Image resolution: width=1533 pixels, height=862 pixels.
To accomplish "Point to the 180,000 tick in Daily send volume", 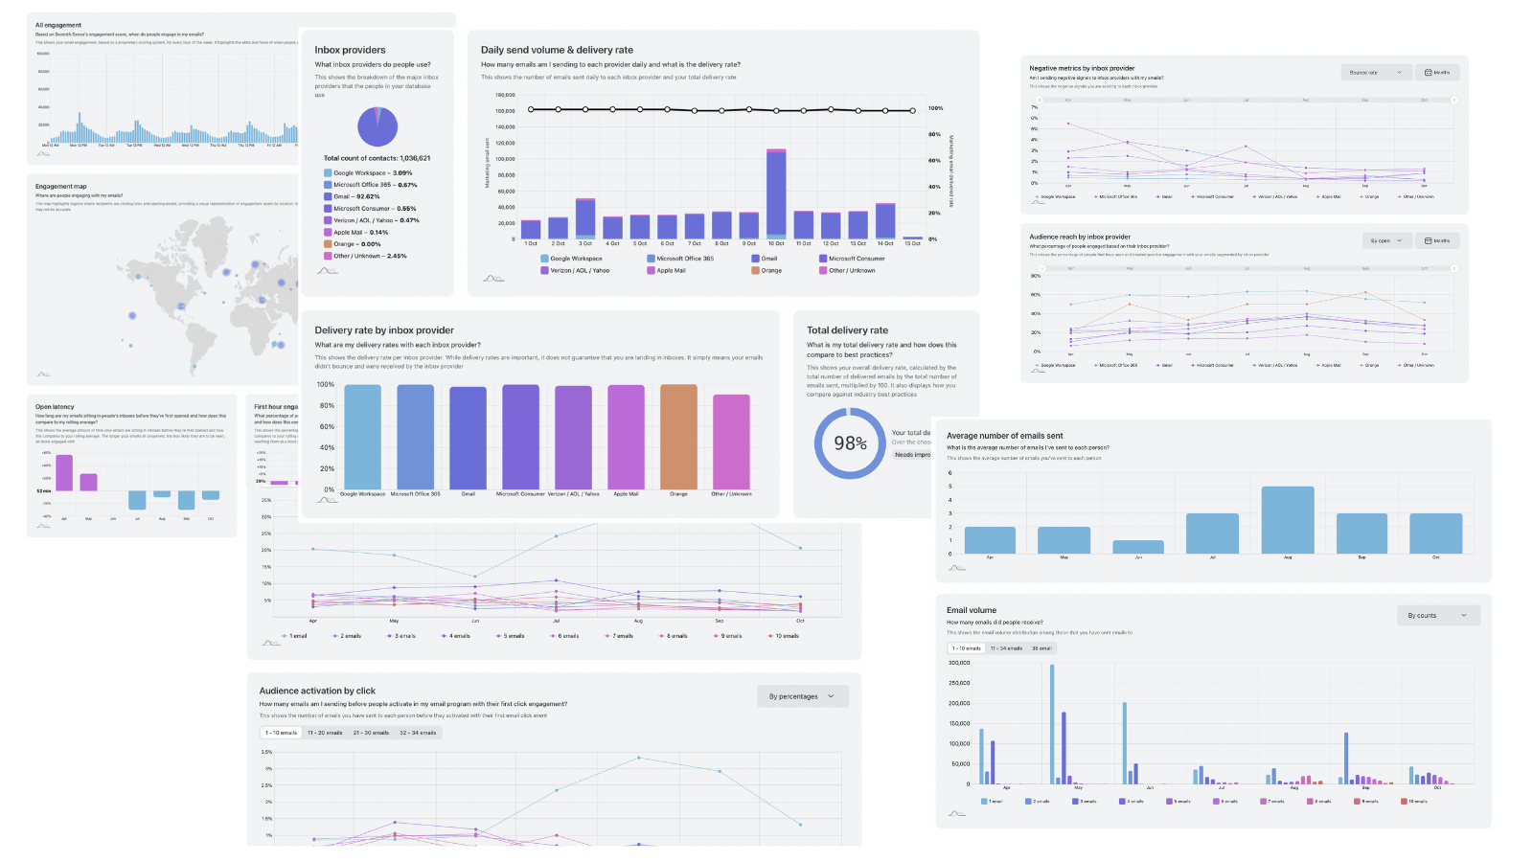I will pos(505,95).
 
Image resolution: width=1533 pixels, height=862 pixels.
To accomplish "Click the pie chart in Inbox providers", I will pos(378,126).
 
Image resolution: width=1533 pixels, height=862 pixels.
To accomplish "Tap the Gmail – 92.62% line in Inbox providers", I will pos(355,196).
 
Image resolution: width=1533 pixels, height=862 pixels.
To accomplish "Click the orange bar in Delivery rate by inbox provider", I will pos(678,437).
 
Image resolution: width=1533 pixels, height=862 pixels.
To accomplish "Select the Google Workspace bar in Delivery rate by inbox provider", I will pos(362,437).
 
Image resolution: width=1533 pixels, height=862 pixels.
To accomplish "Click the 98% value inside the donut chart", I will pos(850,443).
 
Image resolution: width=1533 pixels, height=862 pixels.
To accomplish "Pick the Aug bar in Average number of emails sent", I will pos(1288,519).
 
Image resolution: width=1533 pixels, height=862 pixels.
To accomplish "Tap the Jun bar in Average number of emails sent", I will pos(1138,547).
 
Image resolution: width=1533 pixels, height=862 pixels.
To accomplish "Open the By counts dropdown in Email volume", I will pos(1438,615).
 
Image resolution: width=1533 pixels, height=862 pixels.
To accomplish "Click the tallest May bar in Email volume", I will pos(1051,724).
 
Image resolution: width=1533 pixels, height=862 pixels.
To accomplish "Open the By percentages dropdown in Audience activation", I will pos(802,696).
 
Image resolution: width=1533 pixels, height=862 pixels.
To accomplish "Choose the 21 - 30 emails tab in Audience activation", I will pos(371,733).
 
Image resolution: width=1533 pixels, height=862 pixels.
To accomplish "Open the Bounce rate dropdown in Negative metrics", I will pos(1376,72).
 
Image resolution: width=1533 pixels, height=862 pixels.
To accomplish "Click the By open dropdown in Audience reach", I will pos(1386,240).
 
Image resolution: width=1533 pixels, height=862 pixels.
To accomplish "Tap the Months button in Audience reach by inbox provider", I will pos(1437,240).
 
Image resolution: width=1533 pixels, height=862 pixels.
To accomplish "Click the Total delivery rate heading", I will pos(847,330).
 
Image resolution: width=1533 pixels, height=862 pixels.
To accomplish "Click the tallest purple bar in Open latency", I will pos(64,472).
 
